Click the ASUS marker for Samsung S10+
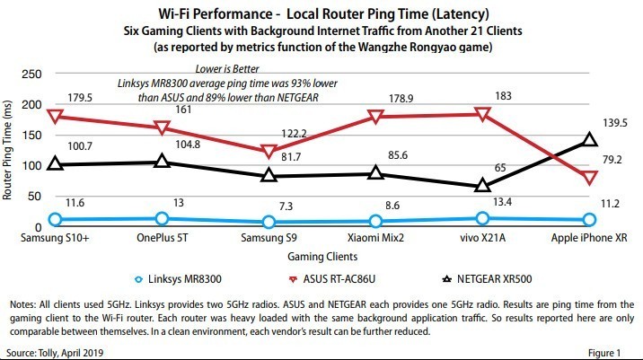pyautogui.click(x=56, y=117)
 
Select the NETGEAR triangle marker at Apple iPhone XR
pyautogui.click(x=589, y=139)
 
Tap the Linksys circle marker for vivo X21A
pyautogui.click(x=482, y=218)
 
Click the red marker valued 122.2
pyautogui.click(x=269, y=152)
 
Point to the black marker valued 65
pyautogui.click(x=482, y=185)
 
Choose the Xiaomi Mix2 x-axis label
pyautogui.click(x=375, y=239)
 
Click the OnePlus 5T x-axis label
pyautogui.click(x=162, y=239)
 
